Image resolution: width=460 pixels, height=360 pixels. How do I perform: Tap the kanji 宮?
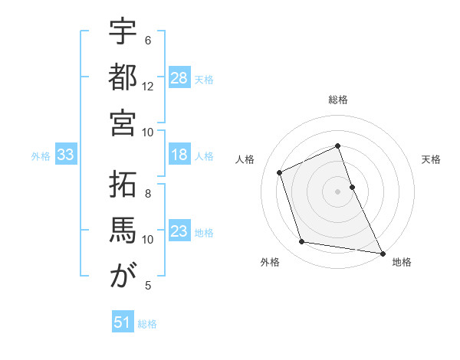[x=123, y=122]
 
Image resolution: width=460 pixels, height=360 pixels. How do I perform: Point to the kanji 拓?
[x=123, y=185]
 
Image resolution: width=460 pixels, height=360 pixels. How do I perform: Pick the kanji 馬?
[x=123, y=230]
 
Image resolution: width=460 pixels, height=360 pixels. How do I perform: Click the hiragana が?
[x=123, y=275]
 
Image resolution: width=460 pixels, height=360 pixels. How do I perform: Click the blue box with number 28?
[x=179, y=77]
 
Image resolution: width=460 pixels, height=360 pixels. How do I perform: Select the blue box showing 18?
[x=179, y=155]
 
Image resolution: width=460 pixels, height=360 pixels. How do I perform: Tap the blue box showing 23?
[x=179, y=232]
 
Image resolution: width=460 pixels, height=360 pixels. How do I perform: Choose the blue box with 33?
[x=65, y=155]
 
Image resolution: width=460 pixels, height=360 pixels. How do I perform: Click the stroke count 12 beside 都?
[x=148, y=86]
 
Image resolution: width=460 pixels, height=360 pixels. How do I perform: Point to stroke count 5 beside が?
[x=148, y=286]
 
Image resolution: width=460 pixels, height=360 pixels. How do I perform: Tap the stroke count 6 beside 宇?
[x=148, y=40]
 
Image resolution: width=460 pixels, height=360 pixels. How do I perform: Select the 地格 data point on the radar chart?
[x=381, y=251]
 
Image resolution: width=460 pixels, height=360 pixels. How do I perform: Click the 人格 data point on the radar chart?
[x=280, y=172]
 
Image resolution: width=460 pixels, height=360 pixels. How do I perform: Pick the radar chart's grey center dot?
[x=338, y=191]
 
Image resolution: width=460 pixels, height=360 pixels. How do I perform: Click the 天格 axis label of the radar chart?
[x=431, y=159]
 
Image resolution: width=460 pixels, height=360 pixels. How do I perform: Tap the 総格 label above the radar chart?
[x=338, y=100]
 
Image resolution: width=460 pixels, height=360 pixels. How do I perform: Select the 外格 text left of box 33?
[x=41, y=155]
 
